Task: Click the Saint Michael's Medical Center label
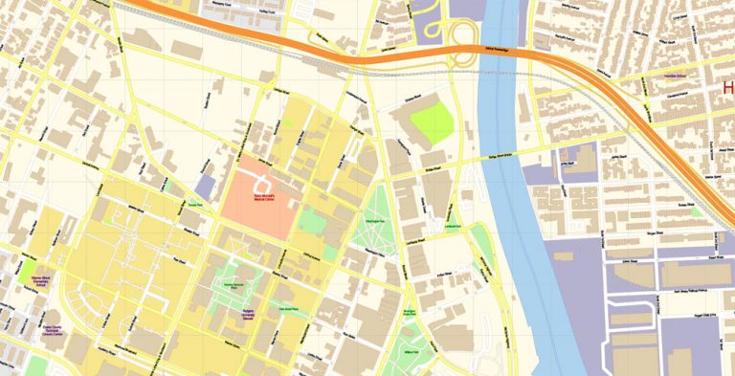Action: tap(263, 199)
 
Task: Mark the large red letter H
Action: tap(727, 89)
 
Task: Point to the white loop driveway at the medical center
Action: tap(261, 181)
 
